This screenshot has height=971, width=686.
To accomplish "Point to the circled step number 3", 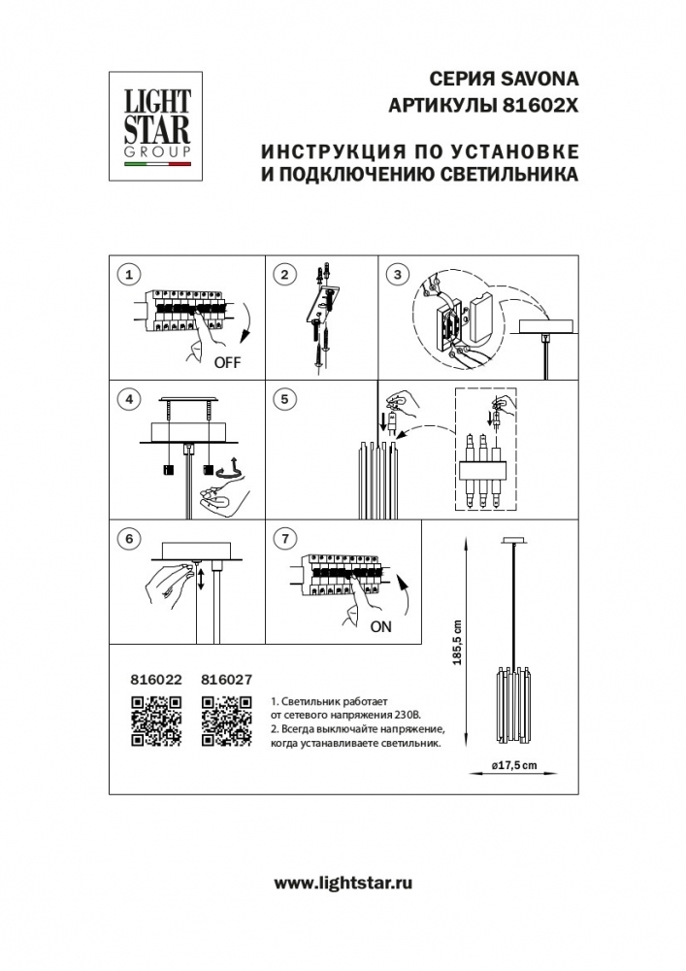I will pyautogui.click(x=395, y=275).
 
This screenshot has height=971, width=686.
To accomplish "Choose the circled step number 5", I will pyautogui.click(x=283, y=398).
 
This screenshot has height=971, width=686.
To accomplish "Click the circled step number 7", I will pyautogui.click(x=283, y=538).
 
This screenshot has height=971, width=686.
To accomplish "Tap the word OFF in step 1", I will pyautogui.click(x=226, y=364).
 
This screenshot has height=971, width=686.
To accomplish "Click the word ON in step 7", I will pyautogui.click(x=381, y=626).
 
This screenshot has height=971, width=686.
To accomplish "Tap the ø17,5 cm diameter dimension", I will pyautogui.click(x=514, y=766).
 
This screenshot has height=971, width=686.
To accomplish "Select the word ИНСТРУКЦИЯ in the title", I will pyautogui.click(x=326, y=153).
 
